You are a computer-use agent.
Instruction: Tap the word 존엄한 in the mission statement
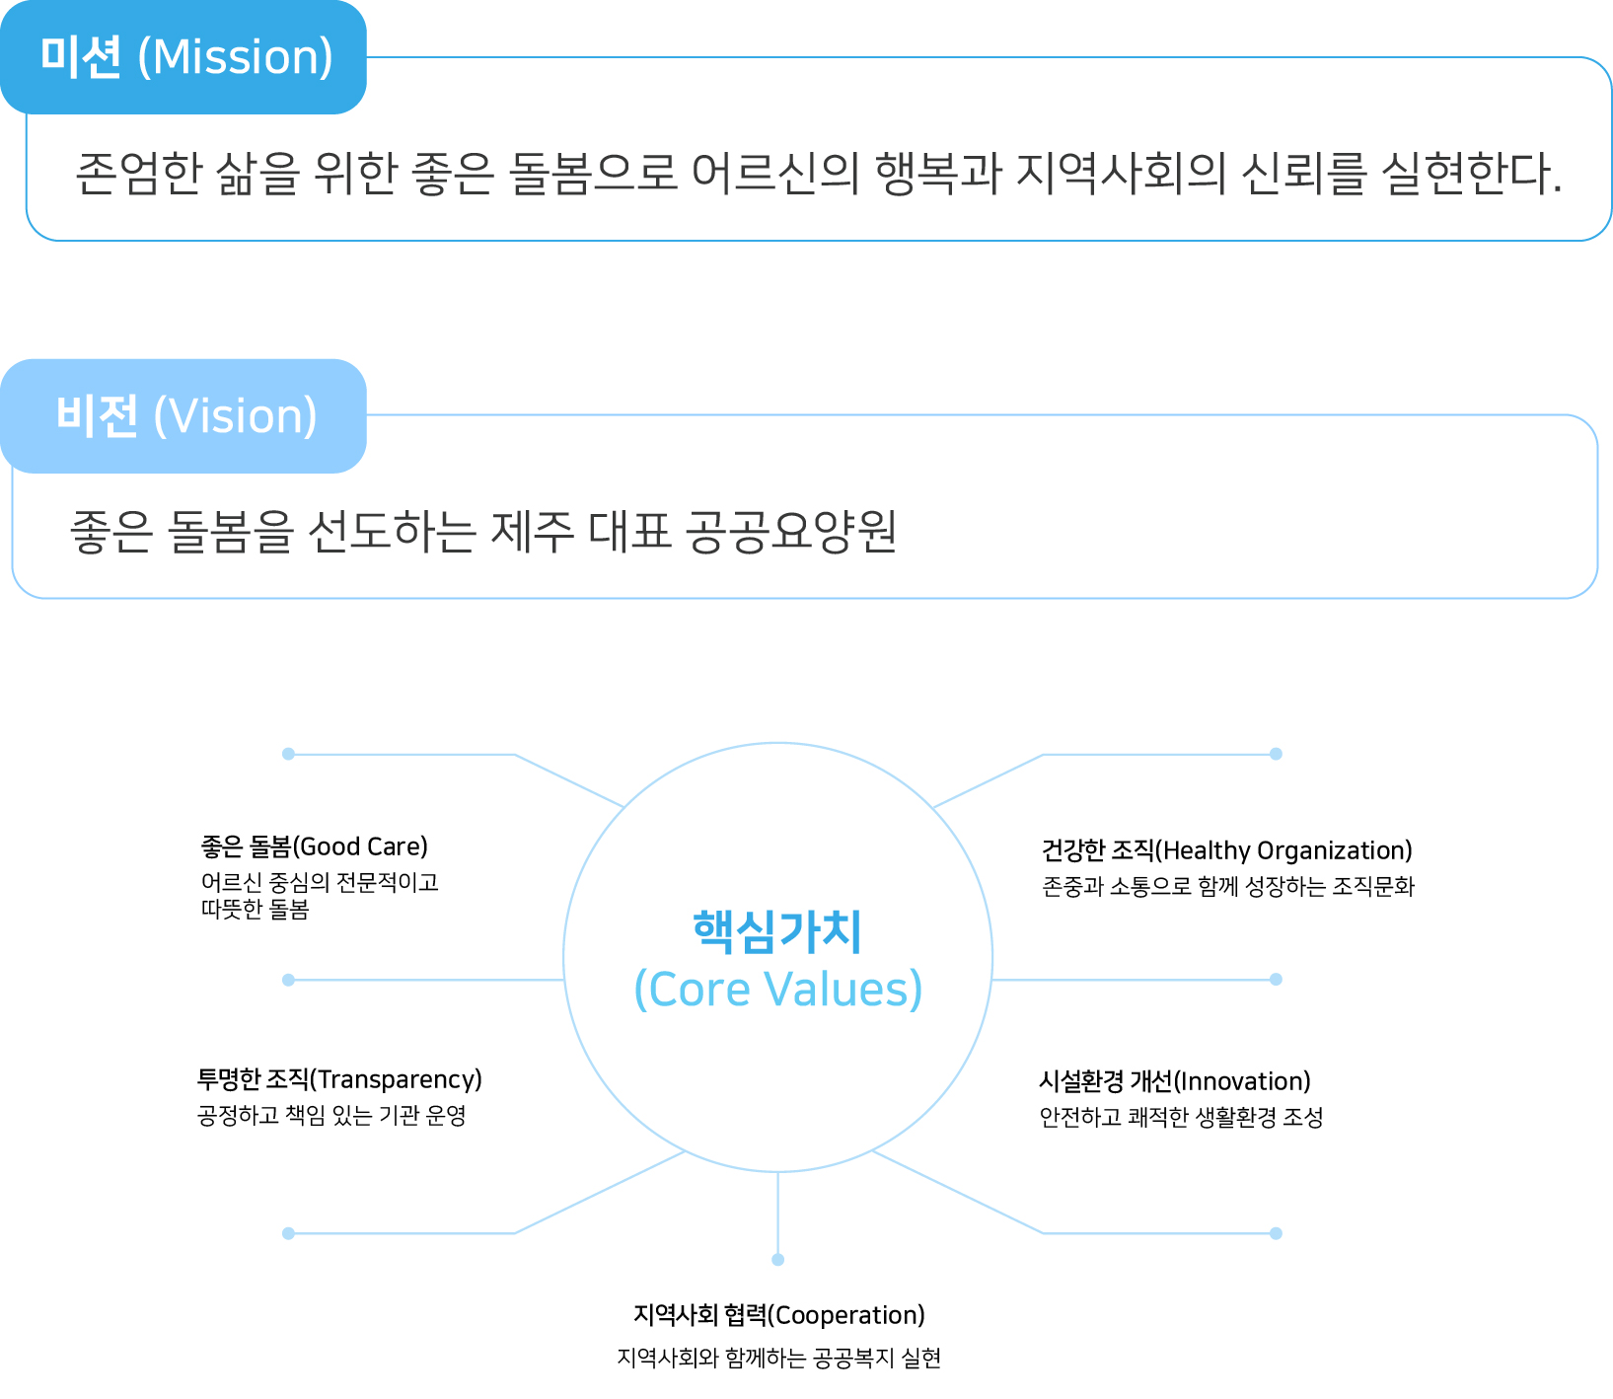click(x=138, y=173)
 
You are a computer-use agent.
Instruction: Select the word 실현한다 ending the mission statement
click(x=1471, y=173)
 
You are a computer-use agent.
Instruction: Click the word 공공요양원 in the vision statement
click(x=791, y=532)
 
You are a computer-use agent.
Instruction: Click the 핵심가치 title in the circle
click(x=777, y=931)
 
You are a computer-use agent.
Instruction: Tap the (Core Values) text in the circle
click(x=777, y=989)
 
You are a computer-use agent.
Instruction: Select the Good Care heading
click(x=315, y=847)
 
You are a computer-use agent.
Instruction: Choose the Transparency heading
click(x=339, y=1079)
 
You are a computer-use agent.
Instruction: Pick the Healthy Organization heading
click(x=1227, y=850)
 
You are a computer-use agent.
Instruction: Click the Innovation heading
click(x=1175, y=1081)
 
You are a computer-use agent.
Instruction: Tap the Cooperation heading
click(x=779, y=1315)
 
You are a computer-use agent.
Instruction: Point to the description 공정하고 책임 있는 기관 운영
click(x=331, y=1116)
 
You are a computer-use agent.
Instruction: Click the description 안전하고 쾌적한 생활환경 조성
click(x=1181, y=1118)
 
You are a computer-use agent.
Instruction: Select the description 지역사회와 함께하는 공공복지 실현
click(x=779, y=1359)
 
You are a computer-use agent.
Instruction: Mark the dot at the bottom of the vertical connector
click(x=778, y=1260)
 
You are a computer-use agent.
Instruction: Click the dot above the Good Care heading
click(x=288, y=754)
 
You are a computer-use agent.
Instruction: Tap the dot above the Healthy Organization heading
click(x=1276, y=754)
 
